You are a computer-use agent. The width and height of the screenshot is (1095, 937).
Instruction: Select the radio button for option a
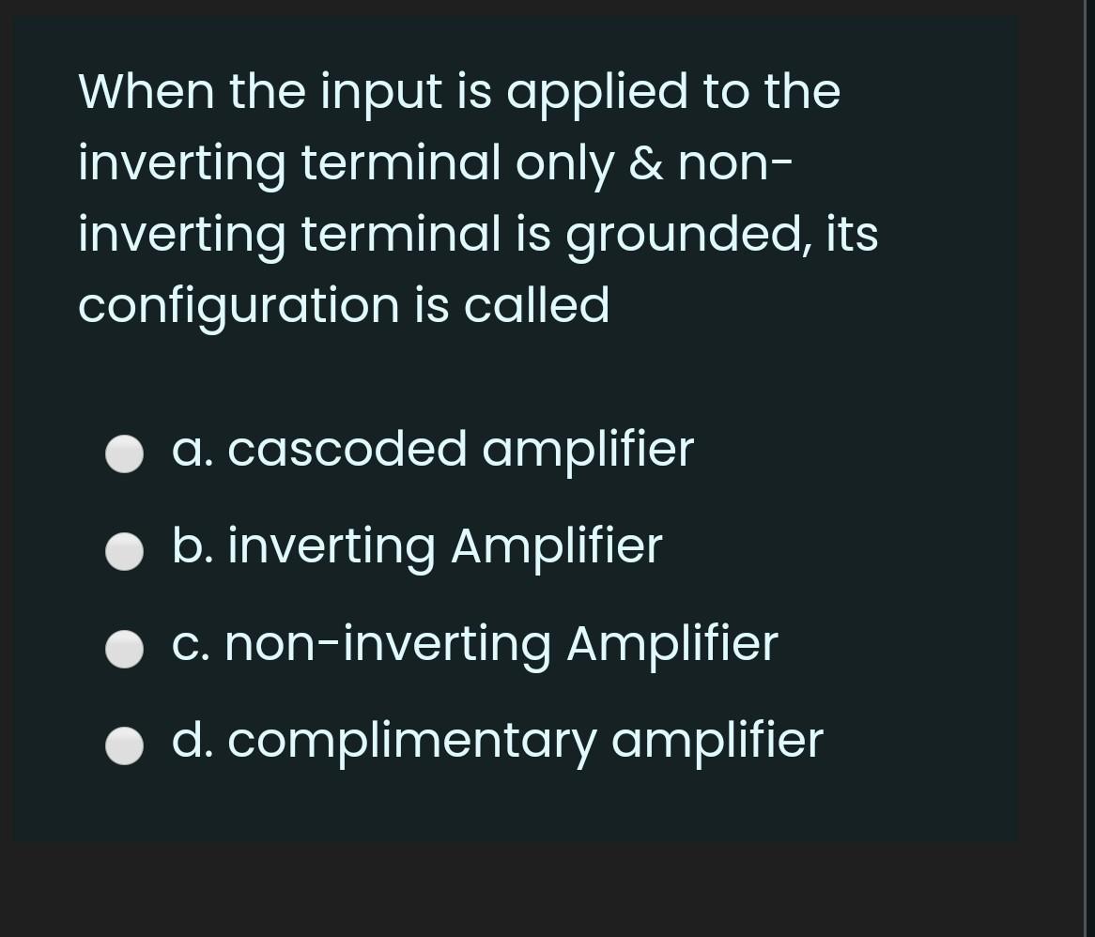click(x=124, y=455)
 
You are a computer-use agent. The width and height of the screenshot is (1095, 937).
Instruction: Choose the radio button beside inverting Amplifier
click(x=124, y=552)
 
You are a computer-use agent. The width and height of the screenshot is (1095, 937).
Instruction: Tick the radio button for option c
click(x=124, y=649)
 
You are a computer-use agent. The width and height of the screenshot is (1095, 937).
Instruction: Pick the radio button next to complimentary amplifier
click(x=124, y=746)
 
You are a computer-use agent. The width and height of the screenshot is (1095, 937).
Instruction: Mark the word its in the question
click(x=852, y=235)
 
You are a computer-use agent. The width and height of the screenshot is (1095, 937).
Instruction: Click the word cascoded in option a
click(x=347, y=449)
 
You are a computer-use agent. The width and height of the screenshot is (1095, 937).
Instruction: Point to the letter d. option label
click(x=192, y=740)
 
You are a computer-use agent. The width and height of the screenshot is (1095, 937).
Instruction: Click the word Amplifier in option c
click(x=671, y=644)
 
